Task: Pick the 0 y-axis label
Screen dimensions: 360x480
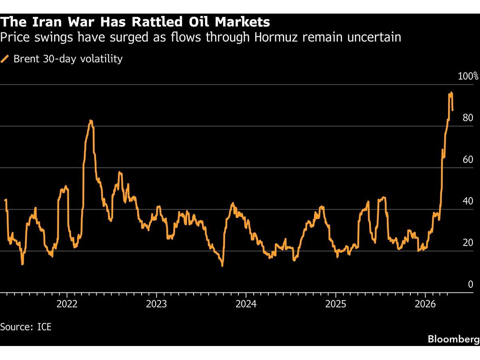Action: (x=470, y=284)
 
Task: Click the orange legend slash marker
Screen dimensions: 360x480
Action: (x=5, y=59)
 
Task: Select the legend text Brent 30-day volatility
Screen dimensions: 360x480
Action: (x=68, y=59)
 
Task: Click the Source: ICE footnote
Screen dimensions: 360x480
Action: (x=26, y=327)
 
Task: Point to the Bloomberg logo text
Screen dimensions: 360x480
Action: (x=453, y=339)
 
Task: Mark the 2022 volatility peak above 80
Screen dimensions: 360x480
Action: (x=91, y=121)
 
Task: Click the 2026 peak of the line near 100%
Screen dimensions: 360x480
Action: (x=451, y=93)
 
